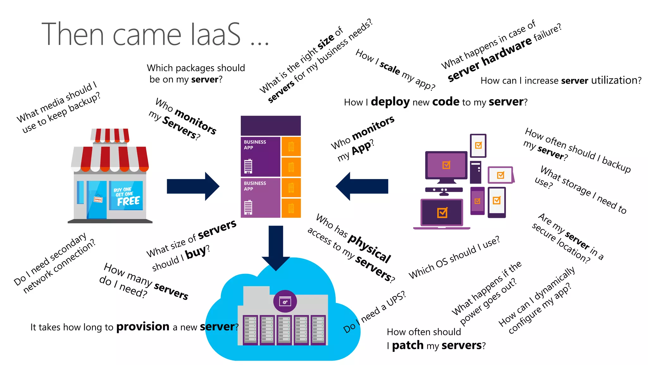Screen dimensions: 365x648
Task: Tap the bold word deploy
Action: tap(390, 102)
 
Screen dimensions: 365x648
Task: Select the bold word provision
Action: tap(143, 326)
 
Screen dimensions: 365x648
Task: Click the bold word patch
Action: tap(408, 345)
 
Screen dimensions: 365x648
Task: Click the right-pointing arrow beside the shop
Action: tap(193, 186)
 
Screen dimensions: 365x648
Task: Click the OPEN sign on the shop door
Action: tap(98, 199)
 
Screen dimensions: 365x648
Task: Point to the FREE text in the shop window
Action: tap(128, 201)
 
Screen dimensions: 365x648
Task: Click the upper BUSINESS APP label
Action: tap(255, 145)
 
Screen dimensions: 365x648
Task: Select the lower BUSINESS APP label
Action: tap(255, 186)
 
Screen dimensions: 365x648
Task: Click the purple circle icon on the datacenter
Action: tap(285, 301)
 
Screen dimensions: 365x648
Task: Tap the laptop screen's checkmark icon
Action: tap(442, 213)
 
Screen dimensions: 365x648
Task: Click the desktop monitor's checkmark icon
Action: tap(446, 165)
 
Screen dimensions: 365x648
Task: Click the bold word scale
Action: tap(390, 68)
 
